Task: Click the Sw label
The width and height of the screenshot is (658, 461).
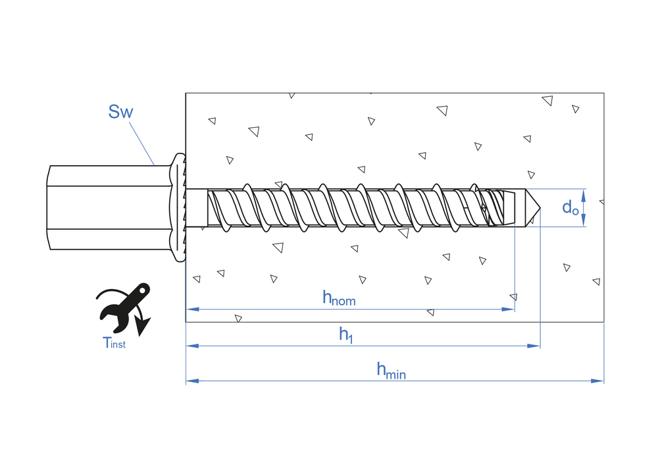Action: coord(120,111)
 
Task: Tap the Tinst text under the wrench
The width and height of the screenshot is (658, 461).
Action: coord(114,342)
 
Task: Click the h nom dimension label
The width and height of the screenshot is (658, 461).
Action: coord(338,298)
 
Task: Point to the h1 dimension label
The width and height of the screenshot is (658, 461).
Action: coord(346,335)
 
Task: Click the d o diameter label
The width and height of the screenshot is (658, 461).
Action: coord(570,207)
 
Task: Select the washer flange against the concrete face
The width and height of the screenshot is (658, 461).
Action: coord(178,208)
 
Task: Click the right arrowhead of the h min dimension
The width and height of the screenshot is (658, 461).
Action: coord(598,381)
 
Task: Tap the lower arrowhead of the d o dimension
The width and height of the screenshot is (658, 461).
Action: coord(584,222)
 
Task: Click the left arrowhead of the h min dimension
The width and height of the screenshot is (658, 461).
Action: coord(191,381)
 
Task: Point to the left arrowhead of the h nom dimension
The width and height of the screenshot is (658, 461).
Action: coord(191,309)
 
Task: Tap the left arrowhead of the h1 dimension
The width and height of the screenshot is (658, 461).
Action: coord(191,345)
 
